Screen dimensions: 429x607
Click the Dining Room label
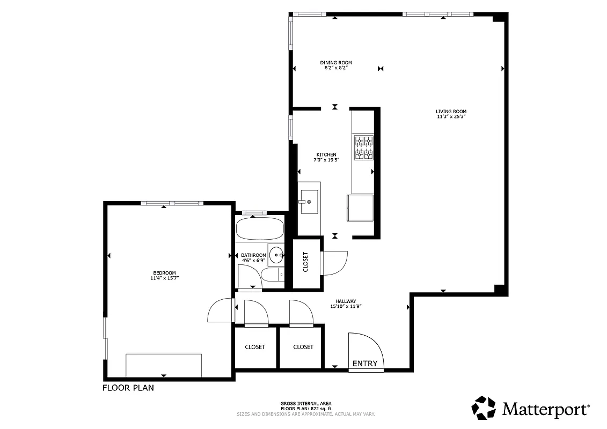337,63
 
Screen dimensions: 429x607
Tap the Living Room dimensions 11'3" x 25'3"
450,116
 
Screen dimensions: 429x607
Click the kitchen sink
309,202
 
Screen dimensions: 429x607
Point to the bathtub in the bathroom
260,228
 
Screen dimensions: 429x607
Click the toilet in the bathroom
273,275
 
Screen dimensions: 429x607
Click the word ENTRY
365,364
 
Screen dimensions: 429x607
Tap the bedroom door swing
220,310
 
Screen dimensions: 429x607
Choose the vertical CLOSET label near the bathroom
306,262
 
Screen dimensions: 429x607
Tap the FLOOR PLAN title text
128,388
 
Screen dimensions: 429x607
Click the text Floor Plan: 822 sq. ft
305,409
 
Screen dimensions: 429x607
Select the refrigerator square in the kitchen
361,208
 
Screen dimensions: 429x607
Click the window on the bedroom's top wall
172,203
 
